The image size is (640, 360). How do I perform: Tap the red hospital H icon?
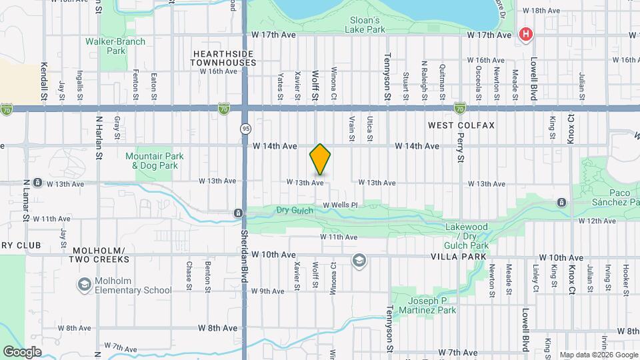(526, 34)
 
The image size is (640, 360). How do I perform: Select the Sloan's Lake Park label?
(365, 25)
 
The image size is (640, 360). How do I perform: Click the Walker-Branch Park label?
(106, 46)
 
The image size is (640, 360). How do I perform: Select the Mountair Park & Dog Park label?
(154, 161)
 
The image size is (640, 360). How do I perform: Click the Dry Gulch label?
(294, 211)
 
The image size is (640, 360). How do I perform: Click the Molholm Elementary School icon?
(85, 285)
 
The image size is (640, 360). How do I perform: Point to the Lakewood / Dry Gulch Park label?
(467, 236)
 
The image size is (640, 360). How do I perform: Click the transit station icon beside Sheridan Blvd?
(238, 213)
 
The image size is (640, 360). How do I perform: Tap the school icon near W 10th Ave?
(360, 260)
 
